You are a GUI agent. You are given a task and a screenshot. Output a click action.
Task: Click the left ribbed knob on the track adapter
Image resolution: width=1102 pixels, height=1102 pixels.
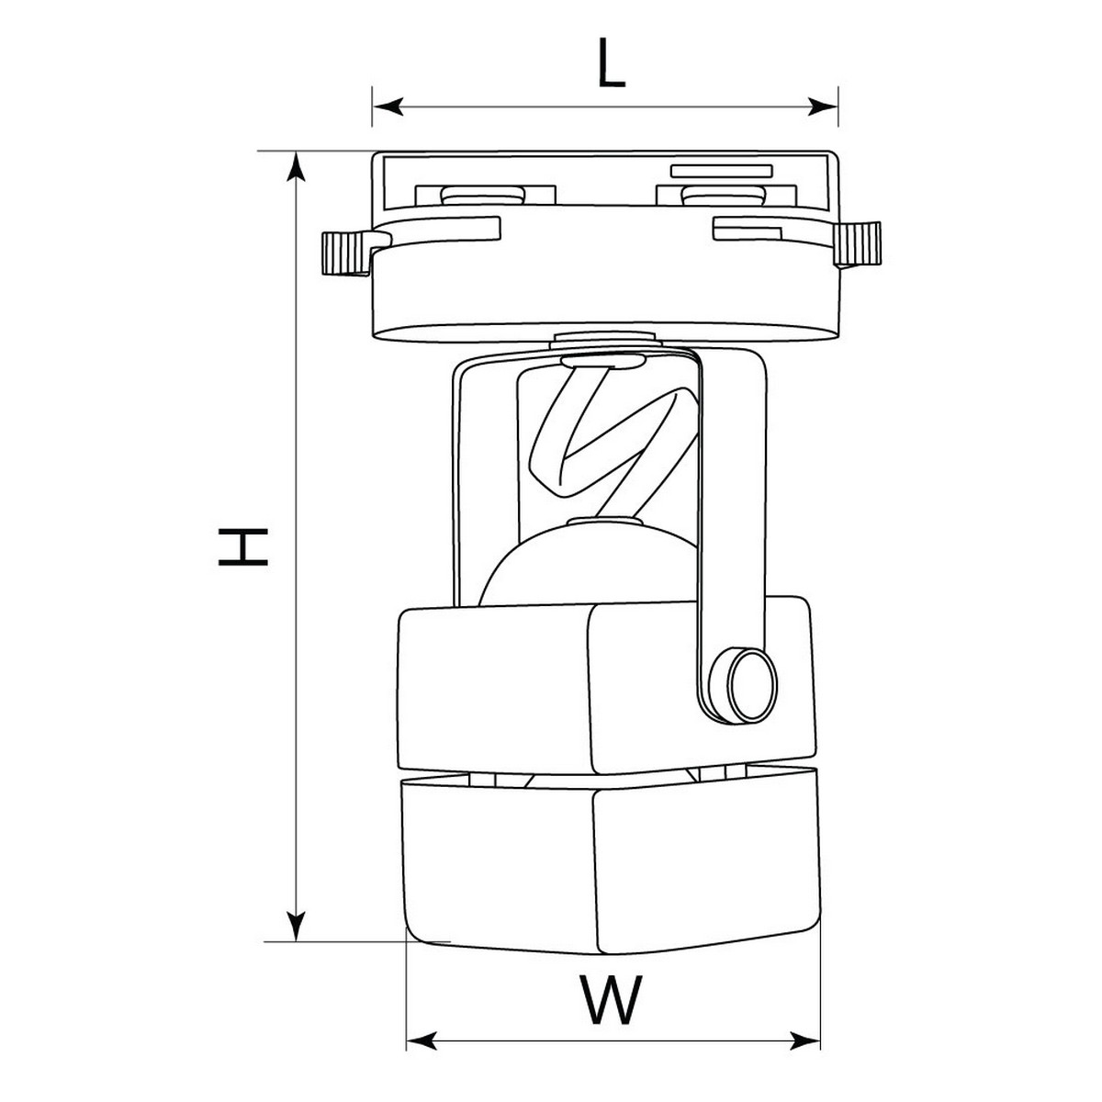341,253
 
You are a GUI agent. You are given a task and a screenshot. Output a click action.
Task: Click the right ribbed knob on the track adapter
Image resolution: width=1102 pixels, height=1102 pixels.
860,244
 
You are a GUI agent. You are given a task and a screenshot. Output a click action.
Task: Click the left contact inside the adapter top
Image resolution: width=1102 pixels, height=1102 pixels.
477,195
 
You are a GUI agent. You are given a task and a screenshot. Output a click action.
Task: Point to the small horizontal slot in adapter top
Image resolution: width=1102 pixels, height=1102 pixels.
721,170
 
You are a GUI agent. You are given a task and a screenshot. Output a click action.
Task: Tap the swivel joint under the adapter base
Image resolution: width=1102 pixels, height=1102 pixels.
606,340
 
